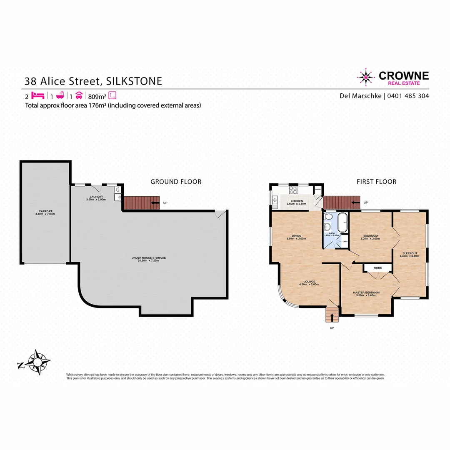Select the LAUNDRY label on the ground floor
click(96, 198)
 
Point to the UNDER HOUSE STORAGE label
click(149, 259)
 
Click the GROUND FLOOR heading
click(176, 182)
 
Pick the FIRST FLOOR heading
click(376, 182)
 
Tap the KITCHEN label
click(297, 202)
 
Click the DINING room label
click(296, 237)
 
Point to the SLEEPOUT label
click(409, 255)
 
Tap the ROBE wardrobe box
click(377, 267)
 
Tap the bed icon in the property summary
click(37, 95)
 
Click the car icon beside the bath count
click(80, 95)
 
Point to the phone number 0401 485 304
click(408, 96)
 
